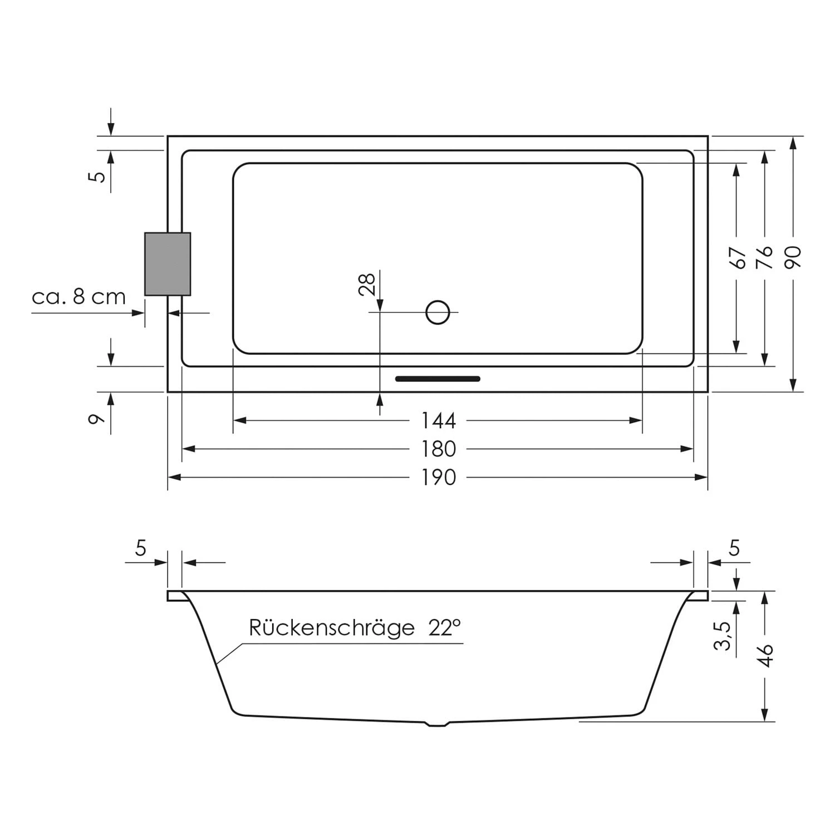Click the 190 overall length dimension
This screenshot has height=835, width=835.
pos(438,478)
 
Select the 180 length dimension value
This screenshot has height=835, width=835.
pos(438,449)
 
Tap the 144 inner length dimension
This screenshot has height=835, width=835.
pos(438,421)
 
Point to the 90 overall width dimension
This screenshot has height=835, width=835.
pos(793,257)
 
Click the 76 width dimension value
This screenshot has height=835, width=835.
pos(765,257)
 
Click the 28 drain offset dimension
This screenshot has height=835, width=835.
pos(367,283)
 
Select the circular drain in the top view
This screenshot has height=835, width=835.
pos(438,312)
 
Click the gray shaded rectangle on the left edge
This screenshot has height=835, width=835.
pos(168,264)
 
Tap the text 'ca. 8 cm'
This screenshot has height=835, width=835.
pos(78,297)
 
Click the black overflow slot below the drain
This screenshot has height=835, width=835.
pos(438,379)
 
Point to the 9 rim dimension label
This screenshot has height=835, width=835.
pos(97,418)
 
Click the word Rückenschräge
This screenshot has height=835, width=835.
pos(331,628)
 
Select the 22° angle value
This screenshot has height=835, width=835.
pos(445,628)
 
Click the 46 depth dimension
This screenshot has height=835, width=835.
pos(766,655)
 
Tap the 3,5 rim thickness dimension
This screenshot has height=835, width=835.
pos(722,636)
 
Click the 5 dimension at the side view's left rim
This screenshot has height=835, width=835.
pos(140,548)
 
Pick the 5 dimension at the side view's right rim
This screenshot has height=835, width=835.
pos(734,548)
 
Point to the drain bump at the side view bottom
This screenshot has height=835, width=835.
pos(438,724)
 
